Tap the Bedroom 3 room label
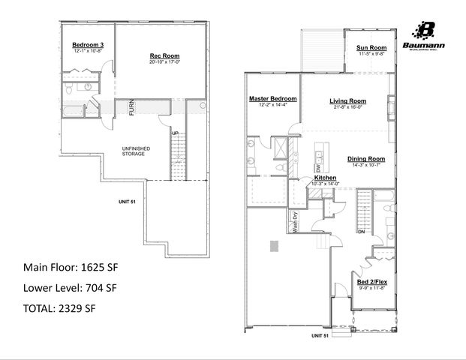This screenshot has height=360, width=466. coord(87,45)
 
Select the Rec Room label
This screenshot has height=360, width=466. coord(164,56)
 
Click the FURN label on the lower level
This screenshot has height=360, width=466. coord(131,107)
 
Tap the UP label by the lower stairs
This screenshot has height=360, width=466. coord(176,133)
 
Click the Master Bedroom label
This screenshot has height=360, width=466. coord(273,99)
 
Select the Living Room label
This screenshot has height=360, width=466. coord(347,100)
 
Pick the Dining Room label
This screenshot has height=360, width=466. coord(366,158)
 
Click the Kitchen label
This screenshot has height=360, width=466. coord(324,178)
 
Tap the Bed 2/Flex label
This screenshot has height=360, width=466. coord(372,282)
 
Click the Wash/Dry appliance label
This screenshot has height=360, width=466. coord(296,223)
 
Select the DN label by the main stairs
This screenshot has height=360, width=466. coord(361,232)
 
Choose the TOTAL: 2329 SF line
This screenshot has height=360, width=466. coord(59,307)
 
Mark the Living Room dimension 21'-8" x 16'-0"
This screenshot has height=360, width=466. coord(347,106)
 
